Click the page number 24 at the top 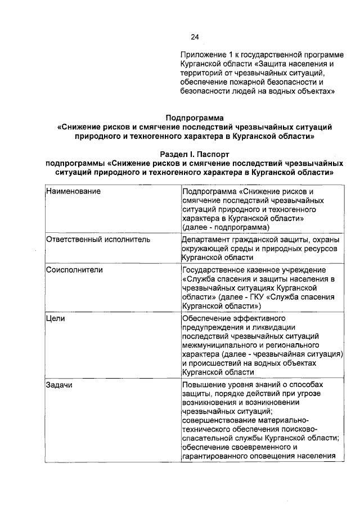[x=195, y=37]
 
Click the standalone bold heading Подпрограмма [x=195, y=118]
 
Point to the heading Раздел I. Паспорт [x=195, y=154]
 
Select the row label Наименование [x=74, y=191]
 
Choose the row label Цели [x=56, y=318]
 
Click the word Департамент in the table [x=208, y=239]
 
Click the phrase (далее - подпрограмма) [x=226, y=227]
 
